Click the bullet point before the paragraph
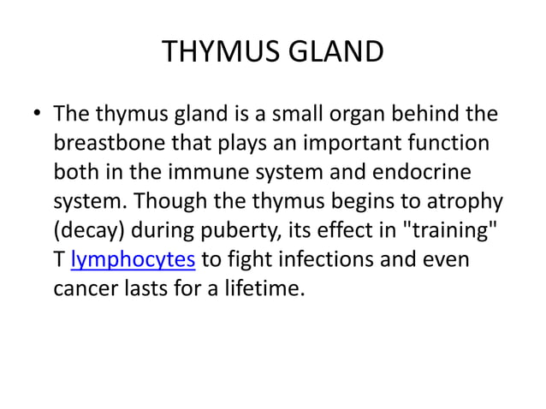[37, 114]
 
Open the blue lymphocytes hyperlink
[134, 259]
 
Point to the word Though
[164, 201]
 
